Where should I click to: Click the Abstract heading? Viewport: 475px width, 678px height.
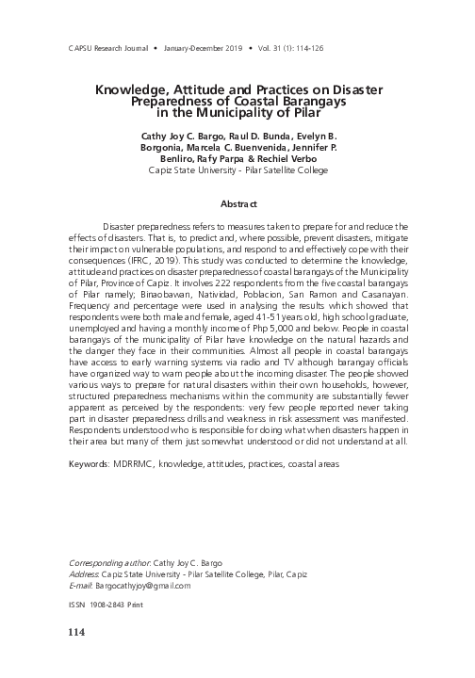(237, 203)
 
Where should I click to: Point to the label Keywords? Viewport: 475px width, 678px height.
(90, 464)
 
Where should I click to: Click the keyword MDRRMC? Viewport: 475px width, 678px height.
(134, 464)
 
